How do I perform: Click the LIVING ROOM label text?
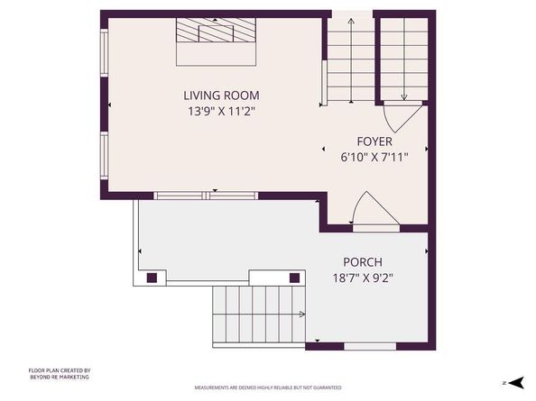coord(221,96)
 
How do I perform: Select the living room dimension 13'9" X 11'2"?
coord(221,112)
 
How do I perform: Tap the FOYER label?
coord(374,141)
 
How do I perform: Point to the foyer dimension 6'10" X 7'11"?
coord(374,157)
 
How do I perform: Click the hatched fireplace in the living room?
coord(217,33)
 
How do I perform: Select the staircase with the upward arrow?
coord(348,59)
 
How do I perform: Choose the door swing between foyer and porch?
coord(373,210)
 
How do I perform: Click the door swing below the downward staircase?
coord(400,116)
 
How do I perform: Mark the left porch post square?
coord(152,277)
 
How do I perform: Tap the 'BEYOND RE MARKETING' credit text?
coord(59,377)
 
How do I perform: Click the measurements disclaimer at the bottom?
coord(268,387)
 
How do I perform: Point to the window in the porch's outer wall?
coord(370,346)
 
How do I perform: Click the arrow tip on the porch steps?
coord(302,314)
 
